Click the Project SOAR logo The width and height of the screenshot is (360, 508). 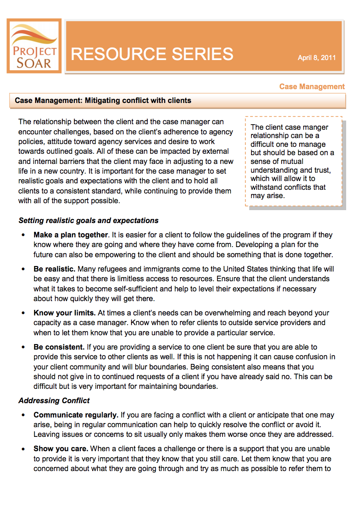(x=34, y=46)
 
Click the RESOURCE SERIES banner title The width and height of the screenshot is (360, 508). (x=152, y=54)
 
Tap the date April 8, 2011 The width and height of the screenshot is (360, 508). (x=316, y=58)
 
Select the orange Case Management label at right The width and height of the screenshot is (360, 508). (x=312, y=86)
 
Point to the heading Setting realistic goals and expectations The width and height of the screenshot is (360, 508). (x=88, y=220)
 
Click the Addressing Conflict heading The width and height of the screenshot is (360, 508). (x=54, y=400)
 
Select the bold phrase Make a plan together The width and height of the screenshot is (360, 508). (x=71, y=235)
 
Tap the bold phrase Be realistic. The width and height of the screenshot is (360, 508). (x=54, y=269)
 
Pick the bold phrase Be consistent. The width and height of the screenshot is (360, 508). (x=59, y=347)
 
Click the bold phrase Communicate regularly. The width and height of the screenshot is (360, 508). (x=76, y=415)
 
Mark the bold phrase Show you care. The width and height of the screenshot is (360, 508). (x=60, y=449)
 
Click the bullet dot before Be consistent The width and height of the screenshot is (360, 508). (x=23, y=347)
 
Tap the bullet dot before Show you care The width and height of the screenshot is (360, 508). (x=23, y=449)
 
